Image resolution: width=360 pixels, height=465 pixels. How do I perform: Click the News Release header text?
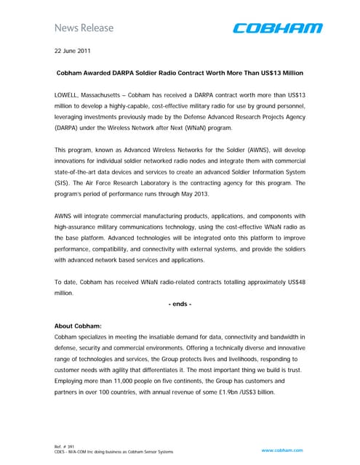[84, 28]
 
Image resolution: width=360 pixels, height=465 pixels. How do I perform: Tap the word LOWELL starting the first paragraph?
[69, 96]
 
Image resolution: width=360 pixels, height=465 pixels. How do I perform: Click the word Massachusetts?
[115, 96]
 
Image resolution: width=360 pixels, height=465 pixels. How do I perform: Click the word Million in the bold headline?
[286, 74]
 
